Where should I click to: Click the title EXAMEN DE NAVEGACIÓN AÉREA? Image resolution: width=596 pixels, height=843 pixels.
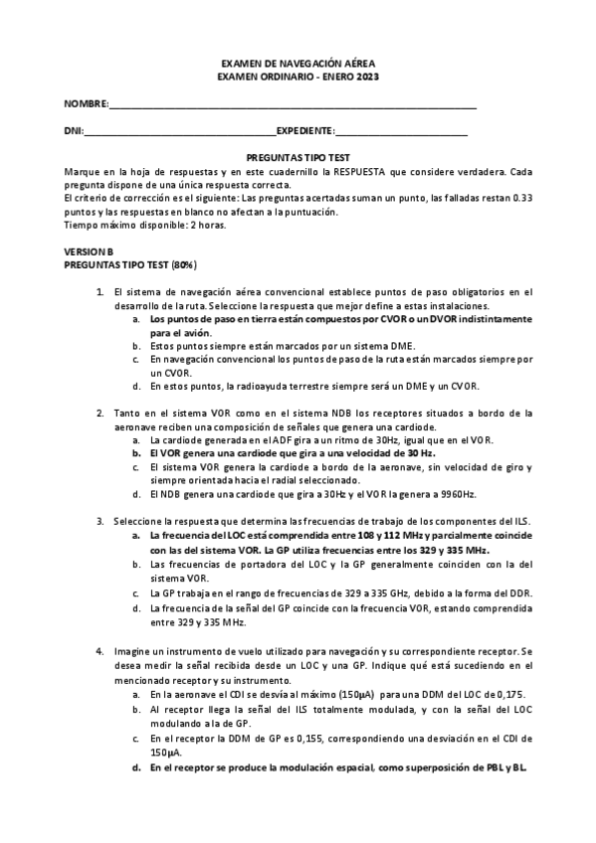(298, 62)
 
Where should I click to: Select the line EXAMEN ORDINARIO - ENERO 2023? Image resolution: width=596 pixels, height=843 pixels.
(298, 77)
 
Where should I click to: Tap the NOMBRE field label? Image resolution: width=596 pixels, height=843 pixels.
(85, 104)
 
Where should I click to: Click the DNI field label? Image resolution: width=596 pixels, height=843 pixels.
(73, 131)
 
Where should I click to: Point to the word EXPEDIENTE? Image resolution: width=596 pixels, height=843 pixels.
(304, 131)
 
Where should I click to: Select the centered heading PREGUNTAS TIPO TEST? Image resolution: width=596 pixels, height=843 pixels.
(298, 158)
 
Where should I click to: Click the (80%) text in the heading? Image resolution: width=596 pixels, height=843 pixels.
(183, 265)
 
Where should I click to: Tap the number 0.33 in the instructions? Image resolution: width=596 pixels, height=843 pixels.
(520, 198)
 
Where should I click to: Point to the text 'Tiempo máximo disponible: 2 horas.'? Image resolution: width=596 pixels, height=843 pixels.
(143, 225)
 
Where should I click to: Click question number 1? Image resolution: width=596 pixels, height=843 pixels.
(99, 292)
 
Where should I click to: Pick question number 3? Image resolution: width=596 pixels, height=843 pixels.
(99, 521)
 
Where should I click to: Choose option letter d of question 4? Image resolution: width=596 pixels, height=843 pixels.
(135, 769)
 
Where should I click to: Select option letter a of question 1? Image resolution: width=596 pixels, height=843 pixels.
(135, 320)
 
